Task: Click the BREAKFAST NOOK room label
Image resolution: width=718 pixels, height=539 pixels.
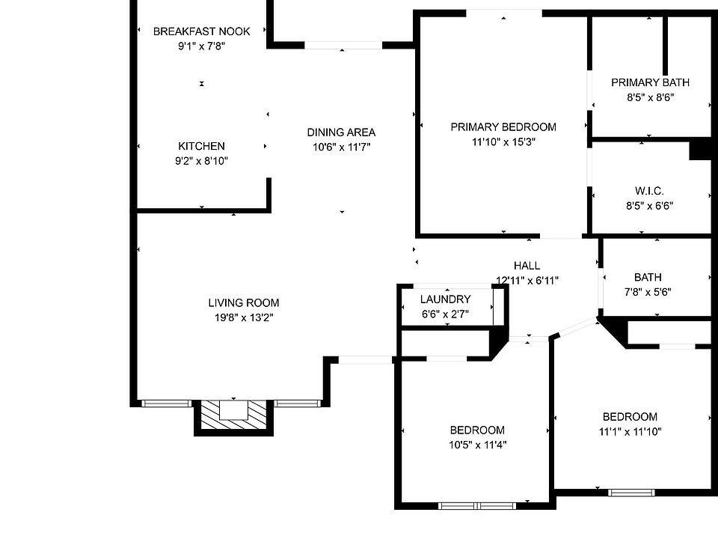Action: pos(201,31)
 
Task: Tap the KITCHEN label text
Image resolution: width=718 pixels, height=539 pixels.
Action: pos(201,146)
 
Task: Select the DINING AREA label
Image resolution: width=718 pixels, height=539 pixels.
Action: pos(341,133)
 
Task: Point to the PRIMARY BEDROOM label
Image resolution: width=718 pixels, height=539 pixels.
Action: pos(503,127)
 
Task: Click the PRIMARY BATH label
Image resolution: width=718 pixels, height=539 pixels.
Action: pos(650,82)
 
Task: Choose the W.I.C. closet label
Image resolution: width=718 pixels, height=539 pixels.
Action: pos(648,191)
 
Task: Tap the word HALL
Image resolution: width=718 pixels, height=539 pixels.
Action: pos(527,266)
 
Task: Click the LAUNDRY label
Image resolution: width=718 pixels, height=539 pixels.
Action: pos(445,299)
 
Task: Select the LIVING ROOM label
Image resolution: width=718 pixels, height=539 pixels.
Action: pos(244,303)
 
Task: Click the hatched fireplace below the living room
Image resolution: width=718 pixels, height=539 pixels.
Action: pos(233,412)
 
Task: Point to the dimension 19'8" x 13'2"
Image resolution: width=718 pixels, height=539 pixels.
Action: pos(244,317)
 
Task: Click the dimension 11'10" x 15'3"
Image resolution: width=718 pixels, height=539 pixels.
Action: pos(503,141)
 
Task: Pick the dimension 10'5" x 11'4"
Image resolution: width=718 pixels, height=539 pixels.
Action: pos(477,444)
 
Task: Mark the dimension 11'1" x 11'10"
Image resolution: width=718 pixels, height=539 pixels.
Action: pos(630,431)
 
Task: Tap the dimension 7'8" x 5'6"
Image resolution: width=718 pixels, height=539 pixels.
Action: pos(647,292)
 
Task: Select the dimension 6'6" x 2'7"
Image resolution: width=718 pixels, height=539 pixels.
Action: pos(445,314)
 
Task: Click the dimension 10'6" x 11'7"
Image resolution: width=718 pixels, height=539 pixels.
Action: pos(341,147)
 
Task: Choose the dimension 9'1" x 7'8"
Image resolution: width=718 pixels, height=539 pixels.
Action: pos(201,46)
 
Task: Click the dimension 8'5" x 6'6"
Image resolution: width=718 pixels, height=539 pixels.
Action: pos(648,206)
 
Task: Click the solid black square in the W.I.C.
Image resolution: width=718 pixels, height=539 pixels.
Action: pos(699,150)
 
